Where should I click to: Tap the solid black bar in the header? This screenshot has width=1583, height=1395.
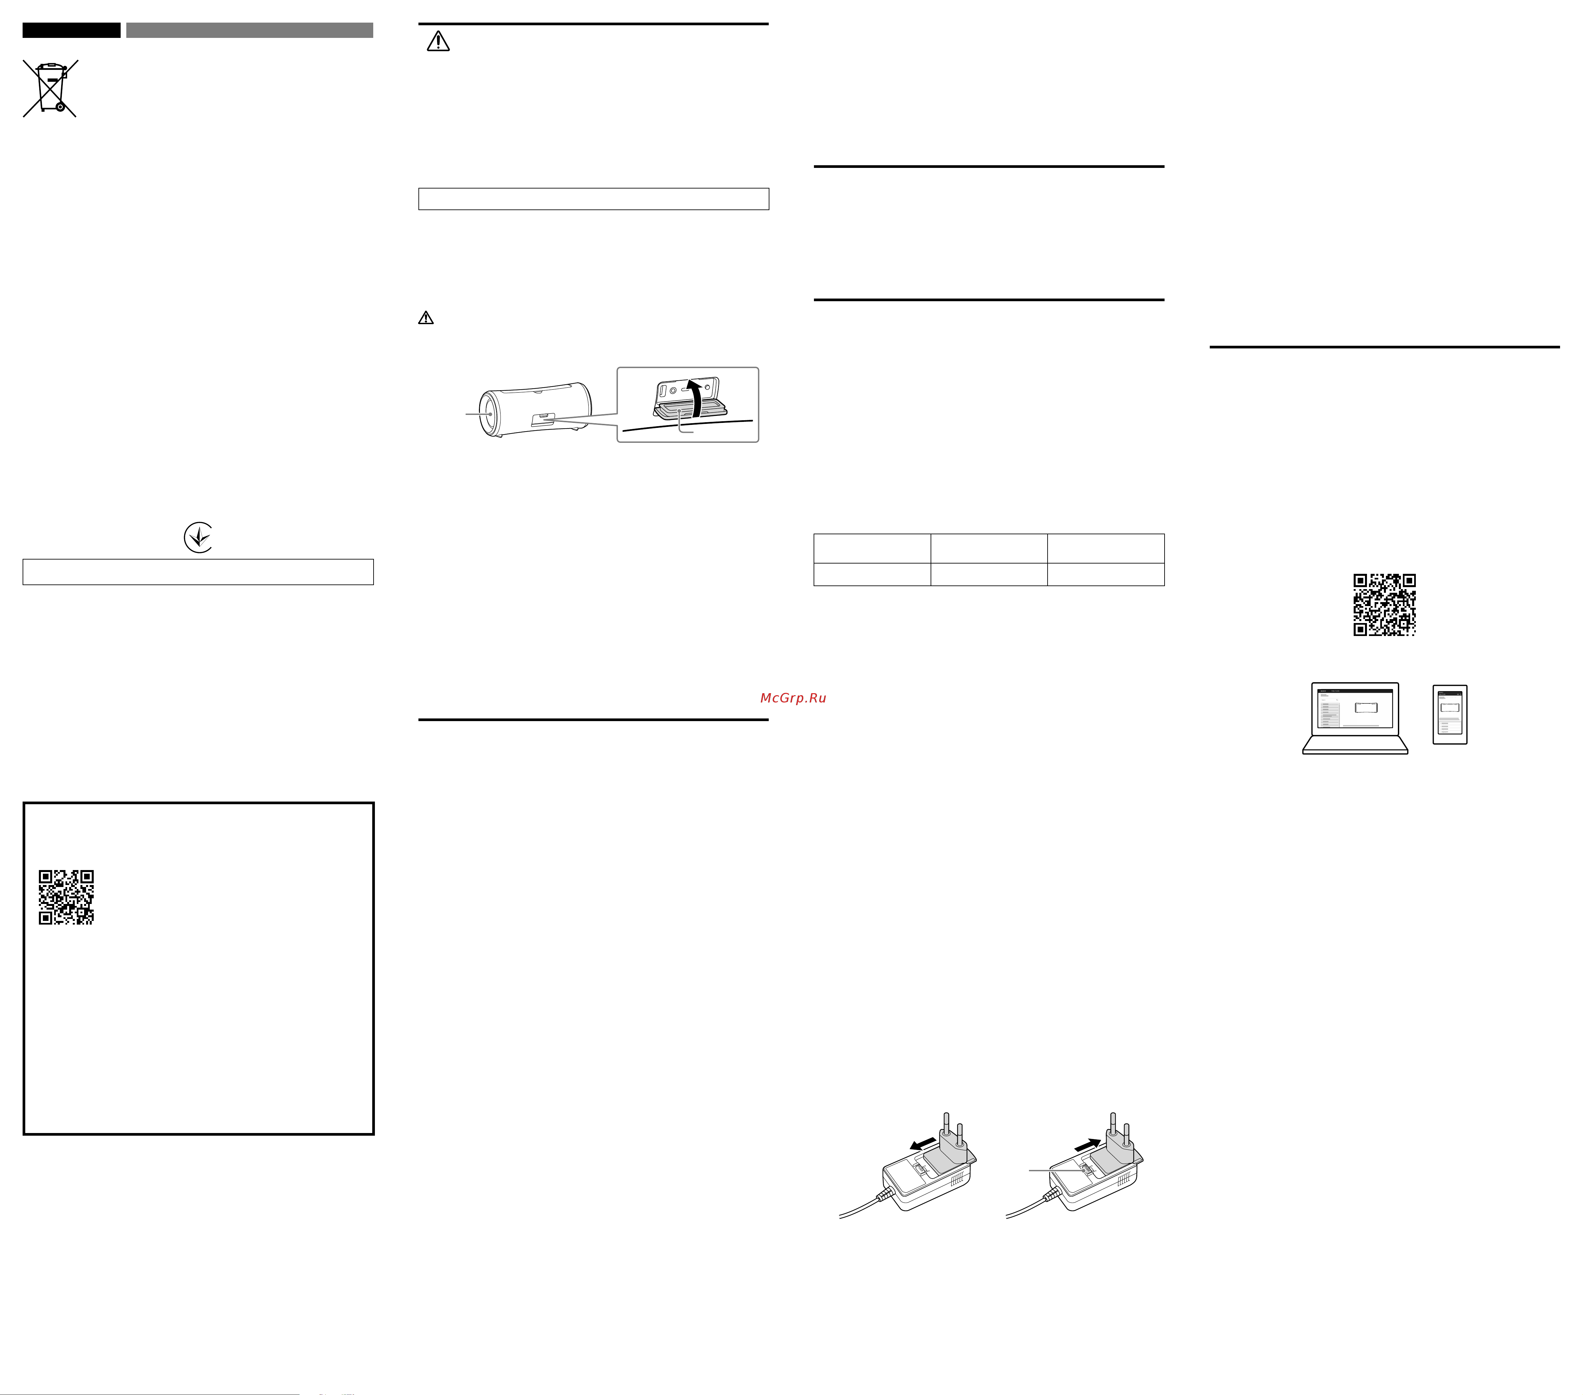(71, 30)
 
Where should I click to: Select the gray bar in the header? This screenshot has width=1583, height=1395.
(249, 30)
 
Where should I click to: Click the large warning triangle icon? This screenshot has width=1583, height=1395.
(438, 41)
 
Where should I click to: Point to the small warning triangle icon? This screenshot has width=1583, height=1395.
(426, 317)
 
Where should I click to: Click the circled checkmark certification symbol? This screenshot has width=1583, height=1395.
(198, 537)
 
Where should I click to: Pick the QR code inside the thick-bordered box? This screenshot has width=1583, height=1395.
(66, 897)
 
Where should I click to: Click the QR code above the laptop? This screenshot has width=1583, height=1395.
(1385, 605)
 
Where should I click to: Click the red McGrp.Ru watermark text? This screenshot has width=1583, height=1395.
(793, 698)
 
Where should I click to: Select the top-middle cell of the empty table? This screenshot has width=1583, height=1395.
(989, 549)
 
